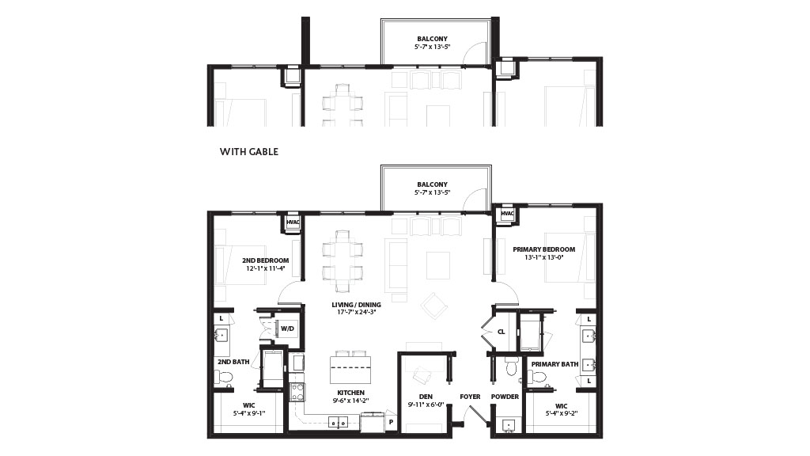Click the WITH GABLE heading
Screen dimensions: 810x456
pyautogui.click(x=249, y=151)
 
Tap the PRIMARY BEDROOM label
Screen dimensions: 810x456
pyautogui.click(x=543, y=249)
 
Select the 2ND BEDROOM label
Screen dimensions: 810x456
pyautogui.click(x=266, y=260)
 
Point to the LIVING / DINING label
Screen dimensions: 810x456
pyautogui.click(x=356, y=305)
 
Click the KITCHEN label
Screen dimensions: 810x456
pyautogui.click(x=350, y=393)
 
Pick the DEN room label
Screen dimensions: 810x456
pyautogui.click(x=426, y=397)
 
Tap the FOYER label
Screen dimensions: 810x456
pyautogui.click(x=470, y=397)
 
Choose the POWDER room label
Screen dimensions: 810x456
pyautogui.click(x=505, y=397)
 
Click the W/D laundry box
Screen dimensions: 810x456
pyautogui.click(x=287, y=329)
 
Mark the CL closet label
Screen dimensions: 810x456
pyautogui.click(x=501, y=332)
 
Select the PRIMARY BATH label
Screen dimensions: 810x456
pyautogui.click(x=555, y=364)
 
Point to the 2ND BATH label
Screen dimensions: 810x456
pyautogui.click(x=233, y=362)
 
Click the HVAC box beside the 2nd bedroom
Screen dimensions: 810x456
pyautogui.click(x=293, y=222)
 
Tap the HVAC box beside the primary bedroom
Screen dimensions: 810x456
pyautogui.click(x=507, y=214)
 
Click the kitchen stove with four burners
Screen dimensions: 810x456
pyautogui.click(x=297, y=393)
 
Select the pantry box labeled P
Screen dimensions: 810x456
pyautogui.click(x=391, y=423)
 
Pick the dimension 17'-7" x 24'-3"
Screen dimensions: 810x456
pyautogui.click(x=357, y=312)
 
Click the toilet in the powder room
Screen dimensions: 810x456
pyautogui.click(x=510, y=368)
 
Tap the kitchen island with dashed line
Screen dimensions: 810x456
pyautogui.click(x=350, y=367)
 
